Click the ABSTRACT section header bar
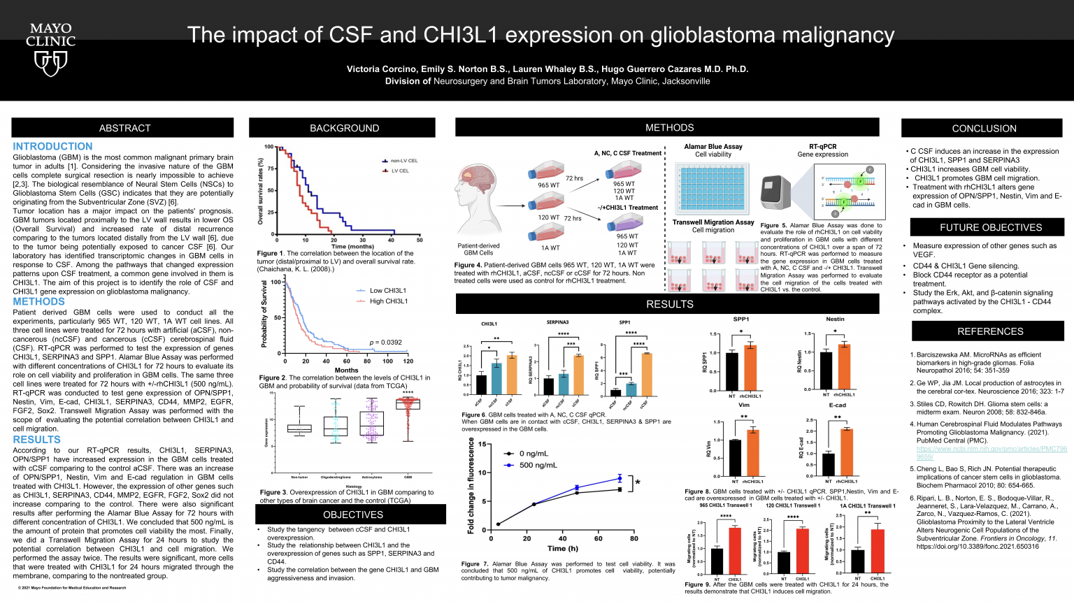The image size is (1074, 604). [124, 128]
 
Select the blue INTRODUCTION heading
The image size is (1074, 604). [52, 146]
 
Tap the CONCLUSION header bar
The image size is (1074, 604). [984, 129]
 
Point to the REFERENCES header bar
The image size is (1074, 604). [989, 331]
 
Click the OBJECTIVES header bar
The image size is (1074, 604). [352, 515]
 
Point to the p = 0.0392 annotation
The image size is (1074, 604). [385, 343]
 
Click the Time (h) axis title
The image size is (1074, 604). [562, 548]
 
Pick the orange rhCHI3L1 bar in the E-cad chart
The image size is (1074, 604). [846, 452]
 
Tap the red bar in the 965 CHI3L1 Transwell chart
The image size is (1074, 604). [735, 550]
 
